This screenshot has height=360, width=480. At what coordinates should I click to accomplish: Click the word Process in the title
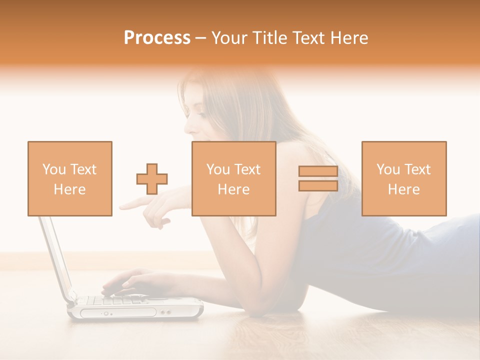click(157, 38)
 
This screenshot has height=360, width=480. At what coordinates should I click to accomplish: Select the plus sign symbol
click(152, 179)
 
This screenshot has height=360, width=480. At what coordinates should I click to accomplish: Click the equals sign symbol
click(318, 179)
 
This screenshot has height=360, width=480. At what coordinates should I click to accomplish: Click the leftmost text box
click(70, 179)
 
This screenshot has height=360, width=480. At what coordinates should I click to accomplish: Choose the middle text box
click(234, 179)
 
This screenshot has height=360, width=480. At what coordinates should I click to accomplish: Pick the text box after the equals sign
click(404, 179)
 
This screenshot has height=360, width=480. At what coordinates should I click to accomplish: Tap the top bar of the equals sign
click(318, 171)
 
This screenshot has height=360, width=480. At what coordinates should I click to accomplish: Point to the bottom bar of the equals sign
click(318, 186)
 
